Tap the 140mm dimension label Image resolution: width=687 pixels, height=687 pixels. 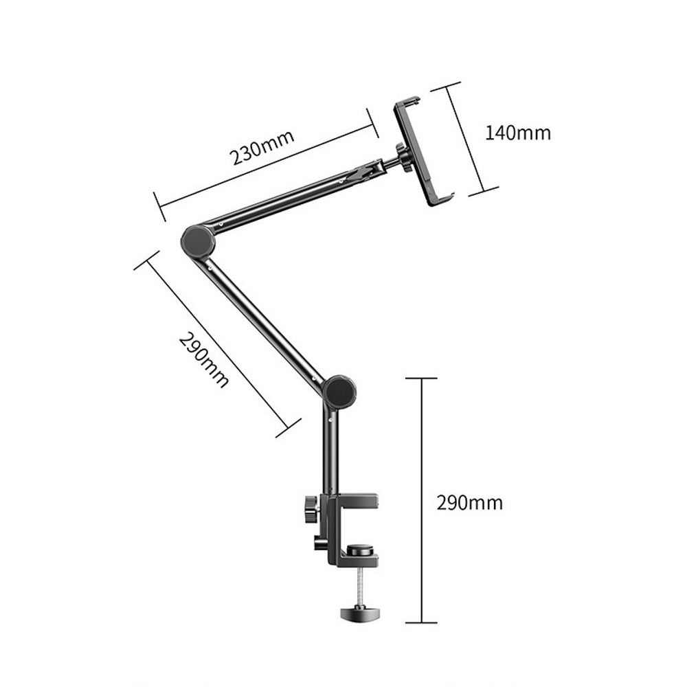[518, 133]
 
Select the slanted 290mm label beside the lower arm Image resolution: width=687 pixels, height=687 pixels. [203, 360]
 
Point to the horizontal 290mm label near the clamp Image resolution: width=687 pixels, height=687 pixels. [470, 503]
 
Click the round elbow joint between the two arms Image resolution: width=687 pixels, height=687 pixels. [199, 240]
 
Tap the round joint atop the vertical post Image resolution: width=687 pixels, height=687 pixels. [339, 392]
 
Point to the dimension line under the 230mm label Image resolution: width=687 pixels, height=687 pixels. [268, 165]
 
